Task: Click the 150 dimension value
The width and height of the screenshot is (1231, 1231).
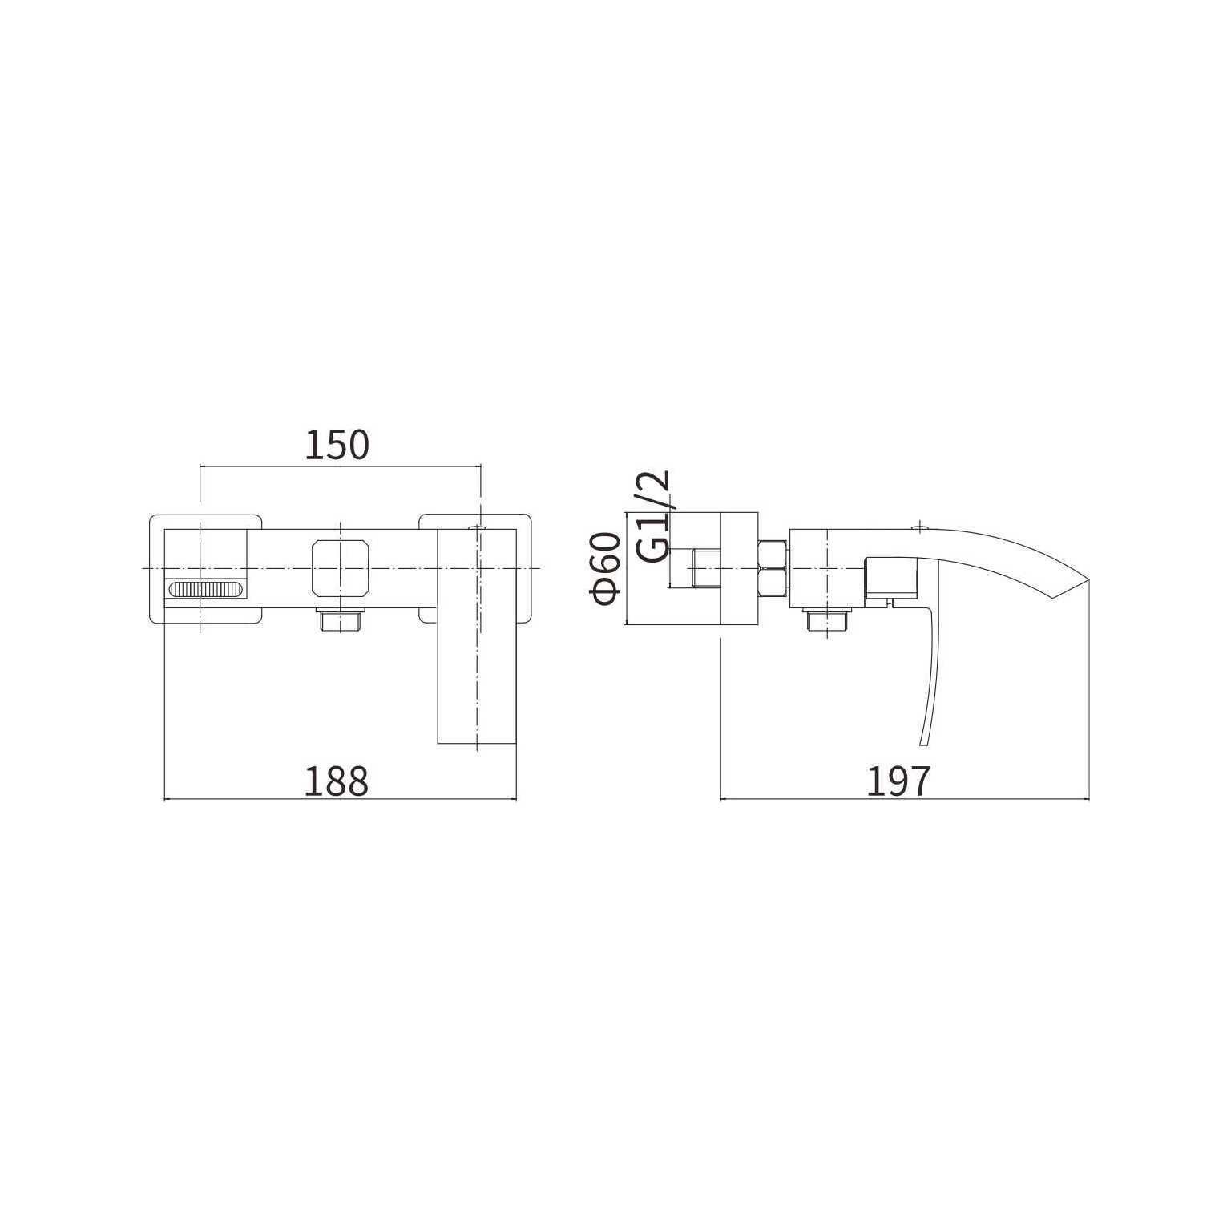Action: point(337,445)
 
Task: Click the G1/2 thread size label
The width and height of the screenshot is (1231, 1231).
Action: point(652,517)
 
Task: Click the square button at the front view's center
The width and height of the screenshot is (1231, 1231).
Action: point(341,568)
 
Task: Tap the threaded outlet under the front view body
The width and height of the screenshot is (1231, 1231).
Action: point(341,620)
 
